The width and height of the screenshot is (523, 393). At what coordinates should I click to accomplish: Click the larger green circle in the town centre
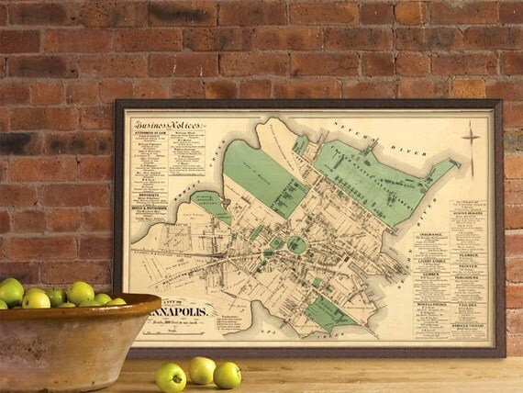click(295, 244)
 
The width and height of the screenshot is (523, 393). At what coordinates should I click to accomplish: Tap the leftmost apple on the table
click(171, 376)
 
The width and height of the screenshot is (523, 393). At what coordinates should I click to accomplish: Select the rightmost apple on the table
click(227, 375)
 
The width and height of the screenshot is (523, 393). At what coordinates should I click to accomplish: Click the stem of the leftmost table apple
click(172, 365)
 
